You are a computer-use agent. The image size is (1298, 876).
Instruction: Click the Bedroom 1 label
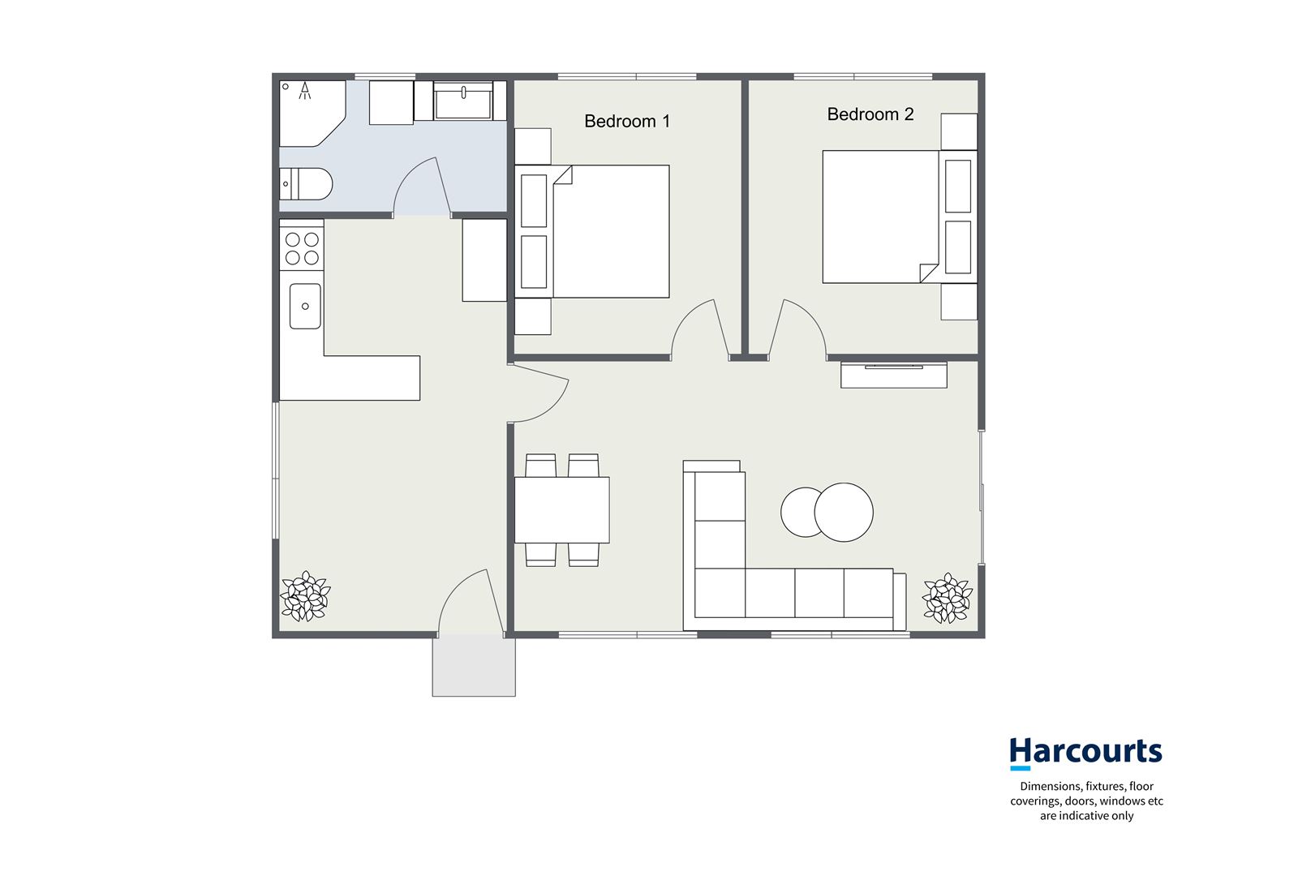coord(627,122)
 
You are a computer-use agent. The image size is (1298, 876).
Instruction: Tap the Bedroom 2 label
coord(870,114)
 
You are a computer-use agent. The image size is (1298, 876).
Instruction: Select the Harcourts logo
coord(1085,752)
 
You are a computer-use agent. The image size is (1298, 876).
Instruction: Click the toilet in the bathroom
coord(306,184)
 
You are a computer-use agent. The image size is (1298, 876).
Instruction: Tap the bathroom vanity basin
coord(463,101)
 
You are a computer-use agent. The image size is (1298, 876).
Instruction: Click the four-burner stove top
coord(302,248)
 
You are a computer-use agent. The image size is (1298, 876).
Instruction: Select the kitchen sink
coord(305,306)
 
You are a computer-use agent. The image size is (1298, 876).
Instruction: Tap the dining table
coord(561,509)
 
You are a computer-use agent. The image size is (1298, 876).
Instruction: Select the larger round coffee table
coord(844,512)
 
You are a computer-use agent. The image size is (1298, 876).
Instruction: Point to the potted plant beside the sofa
coord(947,599)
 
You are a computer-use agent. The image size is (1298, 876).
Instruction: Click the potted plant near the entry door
coord(305,596)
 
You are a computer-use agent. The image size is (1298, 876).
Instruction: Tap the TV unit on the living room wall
coord(893,376)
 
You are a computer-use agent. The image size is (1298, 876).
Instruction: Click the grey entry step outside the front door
coord(474,666)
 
